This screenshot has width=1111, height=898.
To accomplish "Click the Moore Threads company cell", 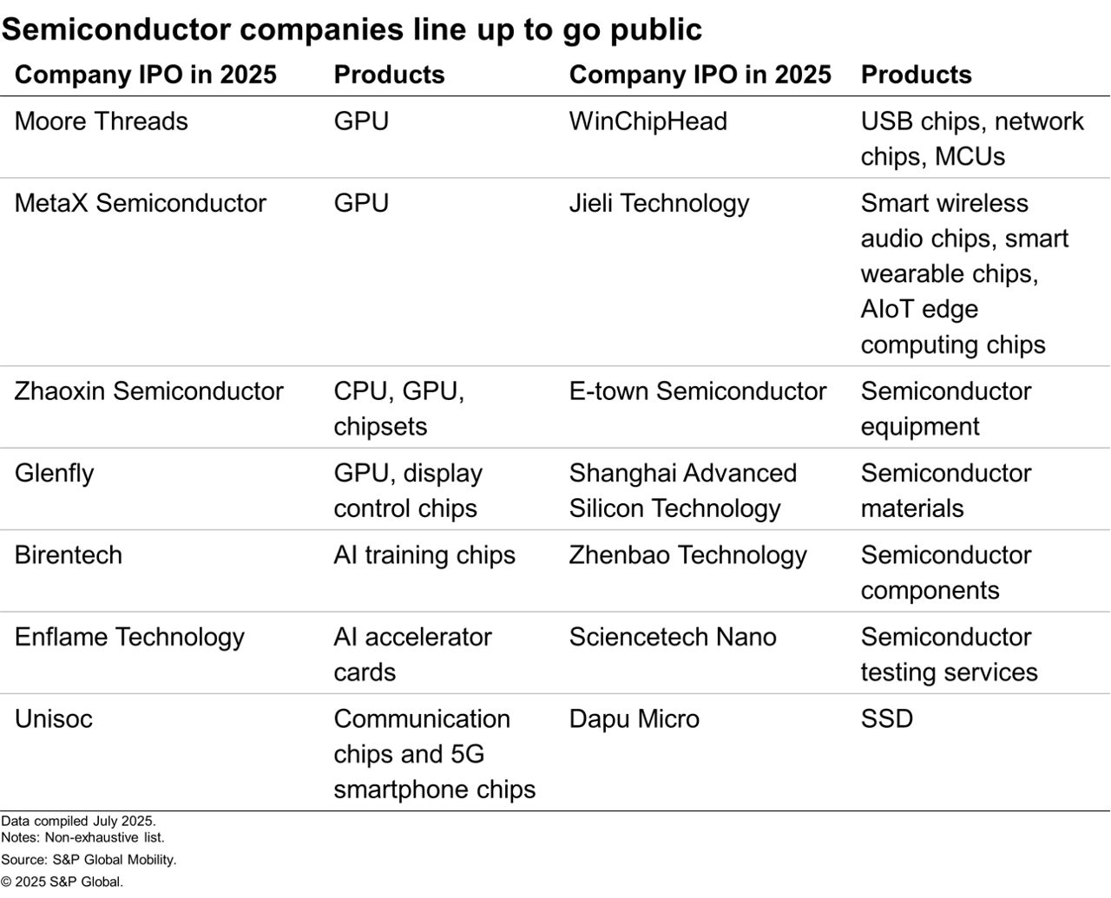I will [101, 121].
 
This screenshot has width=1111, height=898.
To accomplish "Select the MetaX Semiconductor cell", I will [140, 203].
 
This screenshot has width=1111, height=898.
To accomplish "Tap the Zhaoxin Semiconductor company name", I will [148, 391].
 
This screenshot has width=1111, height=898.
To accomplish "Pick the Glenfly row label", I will [54, 474].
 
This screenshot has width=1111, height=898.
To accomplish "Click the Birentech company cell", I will [68, 555].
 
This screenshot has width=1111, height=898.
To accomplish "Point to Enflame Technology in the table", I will [129, 637].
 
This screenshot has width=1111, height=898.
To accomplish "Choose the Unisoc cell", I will [53, 719].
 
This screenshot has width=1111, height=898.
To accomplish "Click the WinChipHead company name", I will [648, 121].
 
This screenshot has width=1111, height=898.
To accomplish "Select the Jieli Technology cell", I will [659, 203].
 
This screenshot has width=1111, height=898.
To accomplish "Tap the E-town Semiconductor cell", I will [697, 391].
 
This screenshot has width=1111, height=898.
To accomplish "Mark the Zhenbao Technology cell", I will [687, 555].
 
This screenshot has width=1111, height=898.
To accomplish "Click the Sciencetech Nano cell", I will [673, 637].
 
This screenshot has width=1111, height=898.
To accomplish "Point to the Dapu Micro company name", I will [634, 719].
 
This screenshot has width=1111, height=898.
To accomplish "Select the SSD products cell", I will [886, 719].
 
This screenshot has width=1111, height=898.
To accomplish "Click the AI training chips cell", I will [424, 555].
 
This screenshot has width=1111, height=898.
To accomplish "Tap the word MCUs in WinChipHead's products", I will [957, 157].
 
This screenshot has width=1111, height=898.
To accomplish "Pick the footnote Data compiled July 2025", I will [78, 821].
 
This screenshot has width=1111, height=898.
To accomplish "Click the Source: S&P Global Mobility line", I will [89, 860].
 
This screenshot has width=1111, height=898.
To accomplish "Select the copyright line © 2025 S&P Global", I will [62, 882].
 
